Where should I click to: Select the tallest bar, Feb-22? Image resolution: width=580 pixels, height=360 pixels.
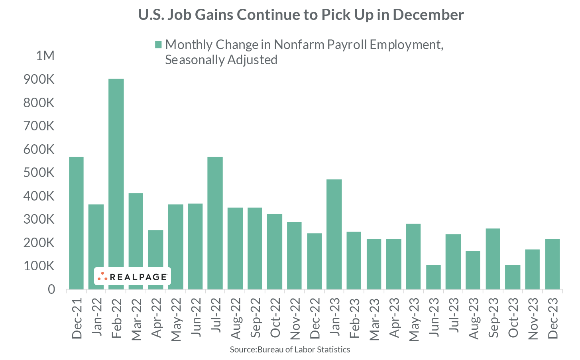[116, 183]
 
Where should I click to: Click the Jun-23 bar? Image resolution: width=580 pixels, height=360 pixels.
[433, 277]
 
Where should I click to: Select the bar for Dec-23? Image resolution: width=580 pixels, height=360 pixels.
[552, 264]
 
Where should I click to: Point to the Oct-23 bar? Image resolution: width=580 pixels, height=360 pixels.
[513, 277]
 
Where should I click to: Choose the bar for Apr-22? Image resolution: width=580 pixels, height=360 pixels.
[155, 259]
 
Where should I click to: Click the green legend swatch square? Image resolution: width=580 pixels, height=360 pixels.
[158, 45]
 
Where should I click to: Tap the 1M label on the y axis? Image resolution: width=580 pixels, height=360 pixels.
[45, 56]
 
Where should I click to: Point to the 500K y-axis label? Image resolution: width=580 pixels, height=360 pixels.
[39, 173]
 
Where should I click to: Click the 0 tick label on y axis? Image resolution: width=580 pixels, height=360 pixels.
[51, 289]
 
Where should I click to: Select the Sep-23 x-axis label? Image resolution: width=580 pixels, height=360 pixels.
[493, 318]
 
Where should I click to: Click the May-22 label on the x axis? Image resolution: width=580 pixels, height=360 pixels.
[176, 319]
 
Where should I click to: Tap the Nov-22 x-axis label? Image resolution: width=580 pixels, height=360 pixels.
[295, 318]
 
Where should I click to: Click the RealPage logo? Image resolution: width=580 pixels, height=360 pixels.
[132, 276]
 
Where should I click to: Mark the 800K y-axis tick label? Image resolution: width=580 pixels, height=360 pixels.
[39, 103]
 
